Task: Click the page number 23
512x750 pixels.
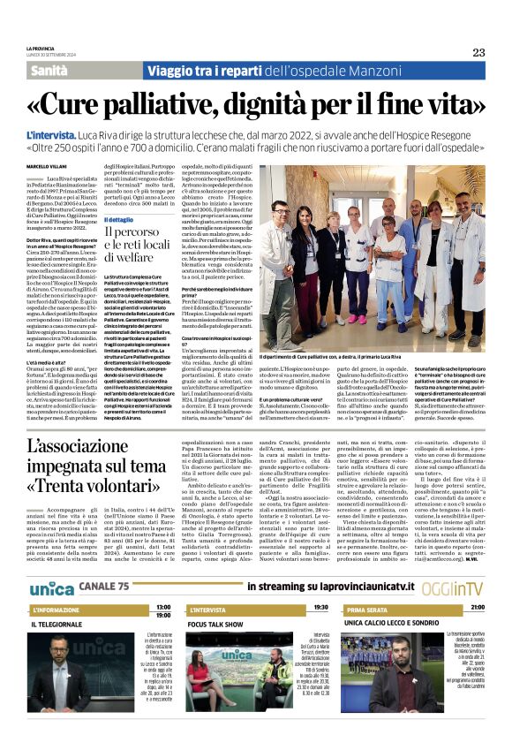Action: pos(478,52)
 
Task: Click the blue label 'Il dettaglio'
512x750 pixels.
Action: pos(120,219)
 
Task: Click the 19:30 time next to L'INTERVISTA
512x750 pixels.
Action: pos(320,608)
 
